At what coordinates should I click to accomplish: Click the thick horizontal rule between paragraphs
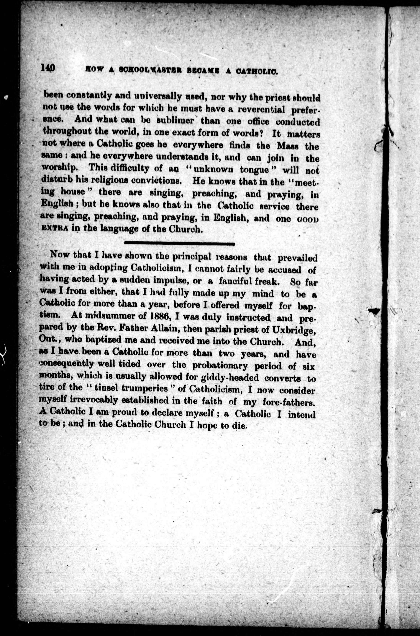click(179, 244)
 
